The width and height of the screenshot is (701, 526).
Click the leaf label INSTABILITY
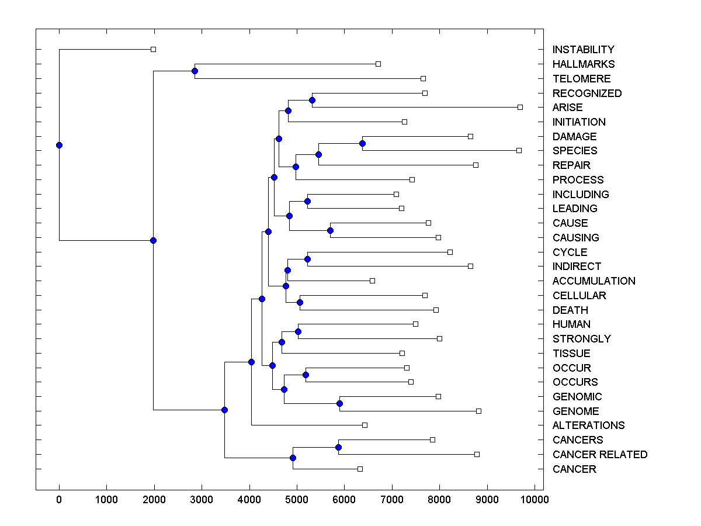click(x=583, y=50)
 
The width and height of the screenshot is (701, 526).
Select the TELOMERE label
click(x=581, y=79)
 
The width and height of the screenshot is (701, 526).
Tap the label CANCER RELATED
click(x=599, y=455)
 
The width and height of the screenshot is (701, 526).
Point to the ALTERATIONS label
click(x=588, y=425)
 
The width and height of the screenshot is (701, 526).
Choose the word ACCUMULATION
click(x=594, y=281)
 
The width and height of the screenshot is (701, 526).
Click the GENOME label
click(x=575, y=411)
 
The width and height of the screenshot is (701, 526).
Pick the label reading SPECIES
click(x=575, y=151)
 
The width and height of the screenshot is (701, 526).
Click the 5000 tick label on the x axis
click(x=297, y=500)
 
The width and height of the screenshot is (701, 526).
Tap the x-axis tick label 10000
click(x=535, y=500)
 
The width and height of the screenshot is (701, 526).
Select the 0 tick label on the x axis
click(x=59, y=500)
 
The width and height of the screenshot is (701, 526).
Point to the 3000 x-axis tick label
click(x=202, y=500)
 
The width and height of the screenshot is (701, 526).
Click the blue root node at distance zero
click(x=59, y=145)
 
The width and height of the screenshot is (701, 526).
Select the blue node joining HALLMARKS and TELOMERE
click(x=195, y=71)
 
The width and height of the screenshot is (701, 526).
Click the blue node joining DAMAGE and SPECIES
click(x=362, y=143)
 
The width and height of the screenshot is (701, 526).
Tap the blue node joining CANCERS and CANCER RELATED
click(x=338, y=447)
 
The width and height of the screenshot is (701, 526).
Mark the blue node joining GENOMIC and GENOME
click(x=339, y=404)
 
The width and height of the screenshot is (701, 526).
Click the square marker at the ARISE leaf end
click(x=520, y=108)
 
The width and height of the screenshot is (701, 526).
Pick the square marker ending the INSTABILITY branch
click(x=153, y=50)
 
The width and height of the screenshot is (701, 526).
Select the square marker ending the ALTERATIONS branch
click(x=365, y=425)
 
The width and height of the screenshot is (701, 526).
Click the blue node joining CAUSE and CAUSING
click(x=330, y=230)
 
